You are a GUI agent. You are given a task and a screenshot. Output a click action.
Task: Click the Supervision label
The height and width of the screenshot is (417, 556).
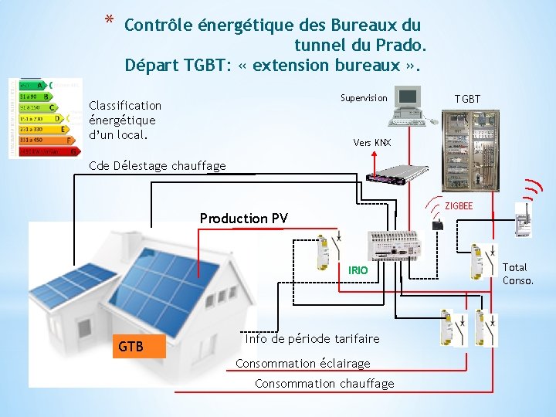pyautogui.click(x=364, y=98)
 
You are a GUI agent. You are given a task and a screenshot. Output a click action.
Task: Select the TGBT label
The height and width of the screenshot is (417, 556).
pyautogui.click(x=467, y=99)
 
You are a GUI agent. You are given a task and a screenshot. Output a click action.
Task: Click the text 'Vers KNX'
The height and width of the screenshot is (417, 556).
pyautogui.click(x=372, y=143)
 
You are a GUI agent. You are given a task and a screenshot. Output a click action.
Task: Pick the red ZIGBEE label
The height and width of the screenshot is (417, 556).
pyautogui.click(x=459, y=206)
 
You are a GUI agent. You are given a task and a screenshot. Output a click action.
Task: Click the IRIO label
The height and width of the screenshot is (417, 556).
pyautogui.click(x=358, y=270)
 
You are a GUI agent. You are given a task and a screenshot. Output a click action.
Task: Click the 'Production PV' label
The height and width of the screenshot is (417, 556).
pyautogui.click(x=243, y=219)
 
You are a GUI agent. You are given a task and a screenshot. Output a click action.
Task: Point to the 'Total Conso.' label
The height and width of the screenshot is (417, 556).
pyautogui.click(x=517, y=274)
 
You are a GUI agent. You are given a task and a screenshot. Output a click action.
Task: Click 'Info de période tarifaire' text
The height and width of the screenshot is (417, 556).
pyautogui.click(x=312, y=339)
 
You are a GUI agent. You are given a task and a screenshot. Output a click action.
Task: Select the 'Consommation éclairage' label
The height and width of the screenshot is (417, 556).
pyautogui.click(x=303, y=363)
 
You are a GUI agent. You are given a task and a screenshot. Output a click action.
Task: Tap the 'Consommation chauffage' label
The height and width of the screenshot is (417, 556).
pyautogui.click(x=324, y=384)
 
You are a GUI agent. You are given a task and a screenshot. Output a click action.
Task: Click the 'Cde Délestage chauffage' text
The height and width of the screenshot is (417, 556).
pyautogui.click(x=158, y=165)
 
